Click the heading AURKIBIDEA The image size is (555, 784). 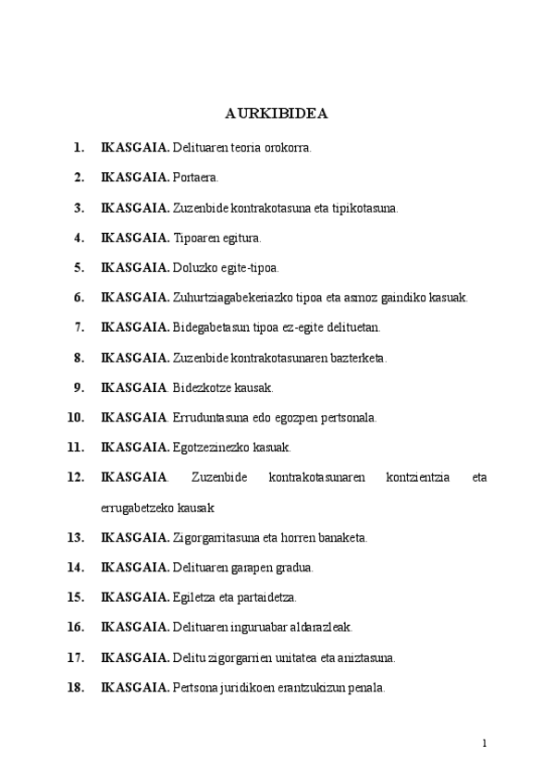277,116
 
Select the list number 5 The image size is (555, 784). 80,267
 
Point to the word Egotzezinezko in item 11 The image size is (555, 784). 208,447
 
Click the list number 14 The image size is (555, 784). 77,567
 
